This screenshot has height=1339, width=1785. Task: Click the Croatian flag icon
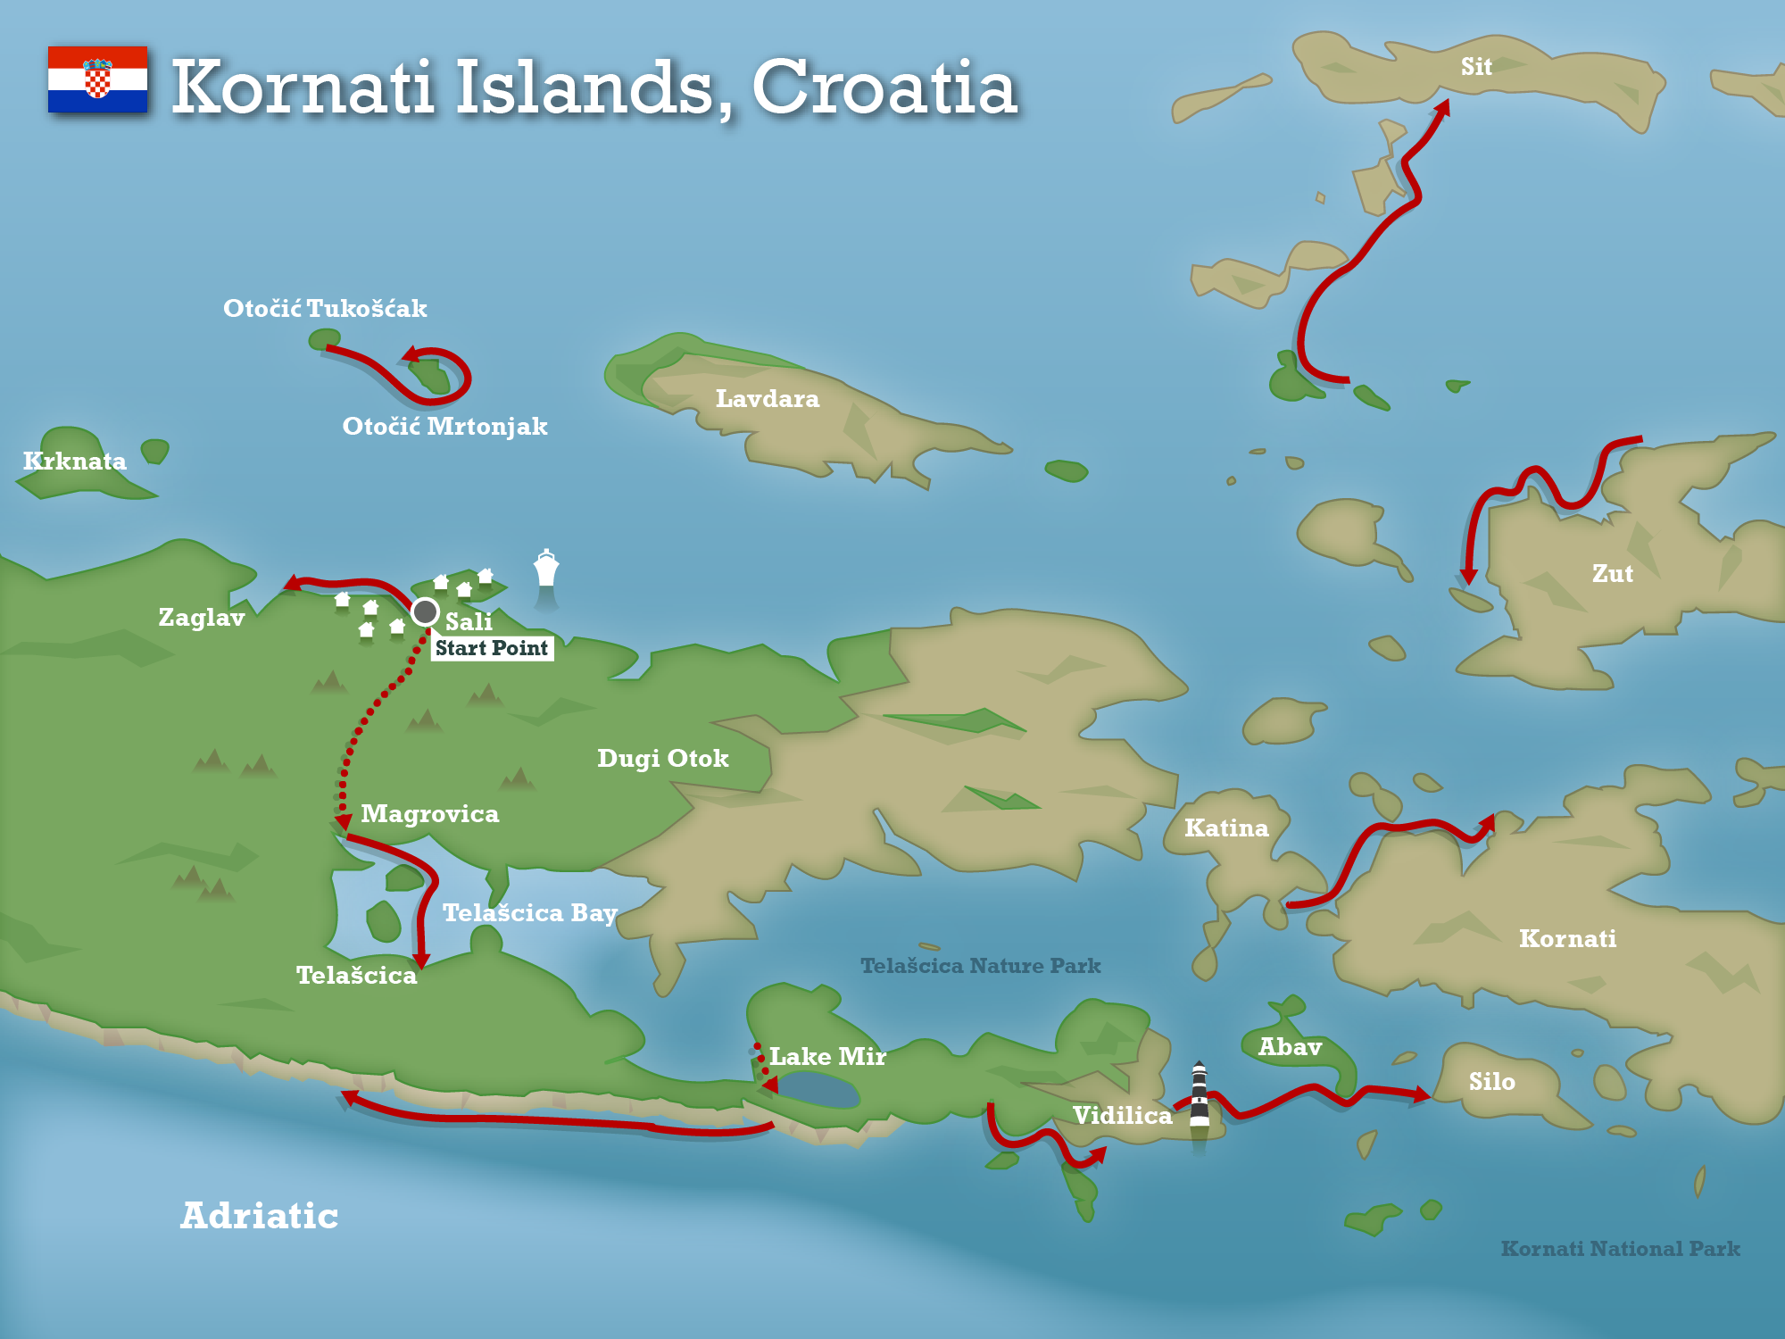pos(97,79)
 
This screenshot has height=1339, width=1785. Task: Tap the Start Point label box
pos(492,648)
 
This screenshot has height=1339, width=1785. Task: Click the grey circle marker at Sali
pos(425,611)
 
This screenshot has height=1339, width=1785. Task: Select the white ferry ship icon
pos(546,569)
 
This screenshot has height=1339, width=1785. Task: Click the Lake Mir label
pos(827,1057)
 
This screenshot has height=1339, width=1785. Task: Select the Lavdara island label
pos(768,398)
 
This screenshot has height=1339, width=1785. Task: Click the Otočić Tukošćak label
pos(325,308)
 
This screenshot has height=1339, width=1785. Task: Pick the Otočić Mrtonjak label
pos(444,426)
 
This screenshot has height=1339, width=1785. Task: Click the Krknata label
pos(74,461)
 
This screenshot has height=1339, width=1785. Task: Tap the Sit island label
pos(1476,67)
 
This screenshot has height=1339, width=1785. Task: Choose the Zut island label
pos(1612,573)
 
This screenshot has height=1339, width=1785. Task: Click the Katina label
pos(1226,828)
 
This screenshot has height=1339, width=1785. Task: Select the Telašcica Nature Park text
pos(980,966)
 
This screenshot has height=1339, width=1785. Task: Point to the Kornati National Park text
pos(1620,1249)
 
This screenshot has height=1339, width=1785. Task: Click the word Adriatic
pos(259,1216)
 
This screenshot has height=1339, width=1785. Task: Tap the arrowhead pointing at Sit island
pos(1442,107)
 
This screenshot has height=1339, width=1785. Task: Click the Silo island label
pos(1491,1082)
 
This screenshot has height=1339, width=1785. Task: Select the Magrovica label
pos(429,814)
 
